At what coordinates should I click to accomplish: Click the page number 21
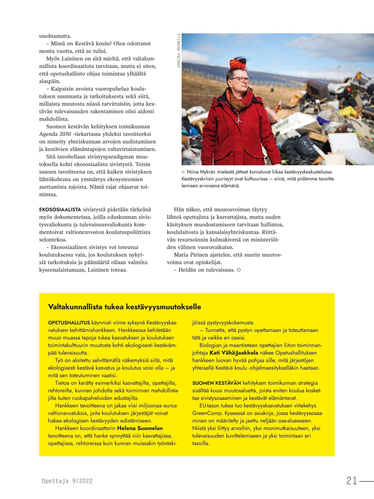click(352, 480)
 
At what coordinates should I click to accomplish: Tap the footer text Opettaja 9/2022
click(67, 481)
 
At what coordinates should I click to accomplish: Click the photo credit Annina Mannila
click(179, 50)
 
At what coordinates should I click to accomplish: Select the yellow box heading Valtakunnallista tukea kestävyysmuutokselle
click(124, 307)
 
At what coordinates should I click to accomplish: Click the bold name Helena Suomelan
click(140, 428)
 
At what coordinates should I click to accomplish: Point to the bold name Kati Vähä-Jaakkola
click(234, 353)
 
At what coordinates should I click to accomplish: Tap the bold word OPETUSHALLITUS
click(69, 323)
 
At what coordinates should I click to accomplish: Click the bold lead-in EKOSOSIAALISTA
click(60, 210)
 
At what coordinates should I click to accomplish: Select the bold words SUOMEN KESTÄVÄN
click(216, 383)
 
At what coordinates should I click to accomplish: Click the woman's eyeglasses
click(242, 79)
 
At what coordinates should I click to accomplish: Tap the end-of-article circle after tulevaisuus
click(239, 270)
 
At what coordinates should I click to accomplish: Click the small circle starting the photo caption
click(183, 172)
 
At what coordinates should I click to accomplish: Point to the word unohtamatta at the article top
click(55, 36)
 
